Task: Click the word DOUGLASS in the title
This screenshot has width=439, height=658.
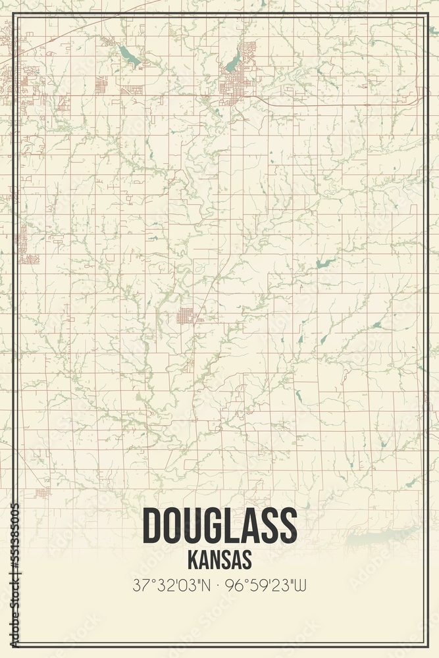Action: pos(219,526)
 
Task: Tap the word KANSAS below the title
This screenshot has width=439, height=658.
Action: pos(219,559)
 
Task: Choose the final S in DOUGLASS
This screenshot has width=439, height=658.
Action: pos(287,526)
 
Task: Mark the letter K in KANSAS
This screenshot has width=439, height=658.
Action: pos(193,559)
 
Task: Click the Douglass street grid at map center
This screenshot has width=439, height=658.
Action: pos(186,316)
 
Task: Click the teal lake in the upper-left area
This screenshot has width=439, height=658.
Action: pos(130,57)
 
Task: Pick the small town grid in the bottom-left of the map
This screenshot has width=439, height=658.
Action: pos(42,492)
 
